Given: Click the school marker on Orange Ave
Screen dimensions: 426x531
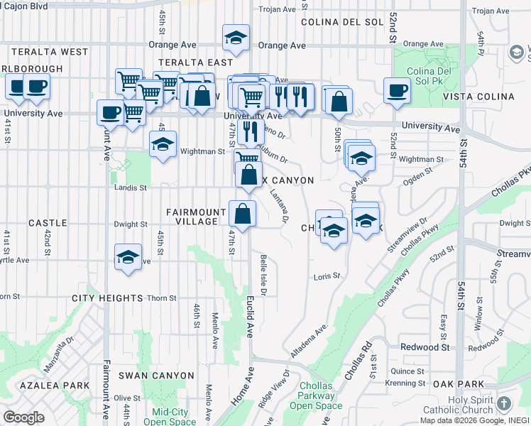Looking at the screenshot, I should [x=236, y=39].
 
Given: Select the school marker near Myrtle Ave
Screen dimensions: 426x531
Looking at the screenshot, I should [x=128, y=258].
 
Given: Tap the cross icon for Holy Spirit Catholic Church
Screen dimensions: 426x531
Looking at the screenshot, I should [x=504, y=404].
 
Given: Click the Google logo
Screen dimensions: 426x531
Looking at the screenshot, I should [x=23, y=417].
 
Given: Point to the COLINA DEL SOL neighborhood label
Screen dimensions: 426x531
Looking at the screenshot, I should [x=341, y=22].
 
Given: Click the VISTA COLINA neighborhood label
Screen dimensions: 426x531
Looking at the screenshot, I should [x=478, y=97].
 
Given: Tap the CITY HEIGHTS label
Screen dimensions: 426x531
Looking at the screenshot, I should [x=107, y=298].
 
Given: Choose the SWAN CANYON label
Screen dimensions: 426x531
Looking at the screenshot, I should [x=156, y=375].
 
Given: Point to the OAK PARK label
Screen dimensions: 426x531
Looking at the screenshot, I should [x=459, y=383].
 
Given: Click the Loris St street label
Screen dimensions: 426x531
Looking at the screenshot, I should [x=327, y=275].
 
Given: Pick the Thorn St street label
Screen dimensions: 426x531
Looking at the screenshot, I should [x=162, y=298].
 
